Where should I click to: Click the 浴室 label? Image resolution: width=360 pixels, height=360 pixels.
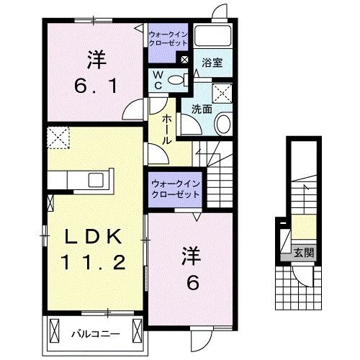[x=211, y=63]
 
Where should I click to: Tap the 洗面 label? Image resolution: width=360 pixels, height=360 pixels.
[x=201, y=109]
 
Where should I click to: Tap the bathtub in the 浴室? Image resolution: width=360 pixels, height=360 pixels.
[x=214, y=37]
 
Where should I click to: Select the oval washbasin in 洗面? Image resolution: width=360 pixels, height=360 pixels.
[x=223, y=123]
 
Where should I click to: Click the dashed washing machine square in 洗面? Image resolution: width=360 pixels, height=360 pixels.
[x=222, y=92]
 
